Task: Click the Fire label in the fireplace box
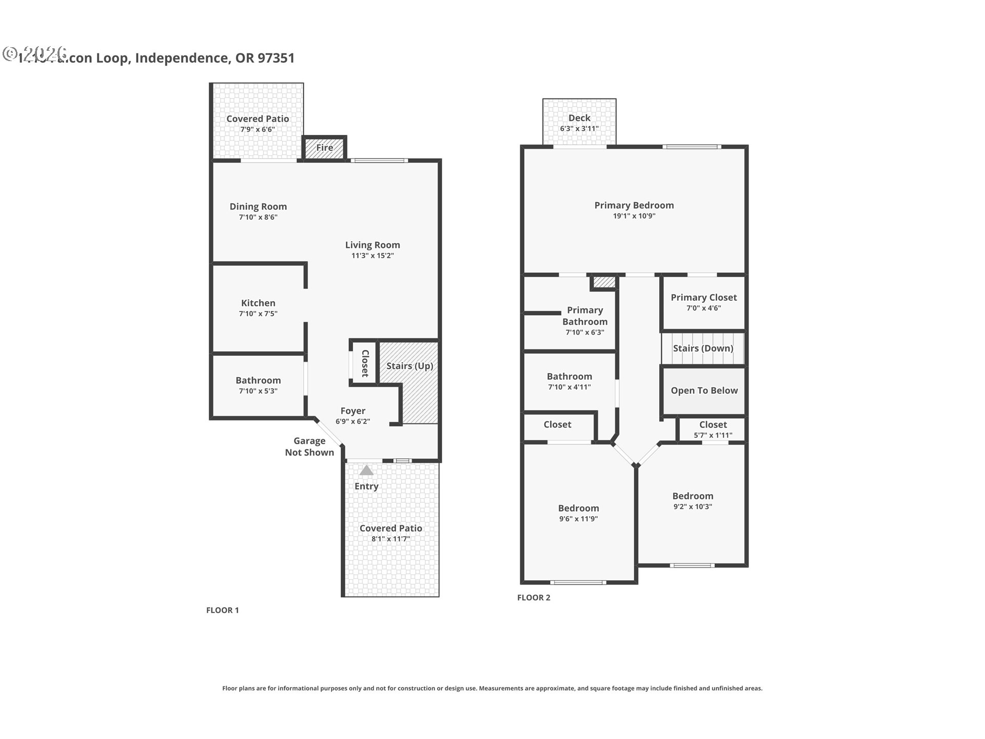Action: point(324,148)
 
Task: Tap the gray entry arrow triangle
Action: point(366,470)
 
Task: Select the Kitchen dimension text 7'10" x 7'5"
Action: point(258,314)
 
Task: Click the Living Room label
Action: point(372,245)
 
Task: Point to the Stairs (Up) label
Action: point(409,366)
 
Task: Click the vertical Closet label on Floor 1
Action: point(365,363)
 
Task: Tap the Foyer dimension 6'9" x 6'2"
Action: point(353,421)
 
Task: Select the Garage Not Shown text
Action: point(309,446)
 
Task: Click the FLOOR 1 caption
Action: point(222,610)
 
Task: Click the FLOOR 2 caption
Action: point(534,597)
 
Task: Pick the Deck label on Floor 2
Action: point(579,118)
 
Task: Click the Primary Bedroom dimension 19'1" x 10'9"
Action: point(634,216)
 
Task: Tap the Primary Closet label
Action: point(703,297)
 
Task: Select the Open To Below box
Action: point(704,391)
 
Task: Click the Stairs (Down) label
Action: point(703,348)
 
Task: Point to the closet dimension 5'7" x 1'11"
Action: point(713,435)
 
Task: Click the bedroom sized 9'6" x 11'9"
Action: point(578,513)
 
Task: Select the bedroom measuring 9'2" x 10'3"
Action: point(693,501)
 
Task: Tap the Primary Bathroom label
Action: point(585,316)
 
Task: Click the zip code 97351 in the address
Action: point(276,58)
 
